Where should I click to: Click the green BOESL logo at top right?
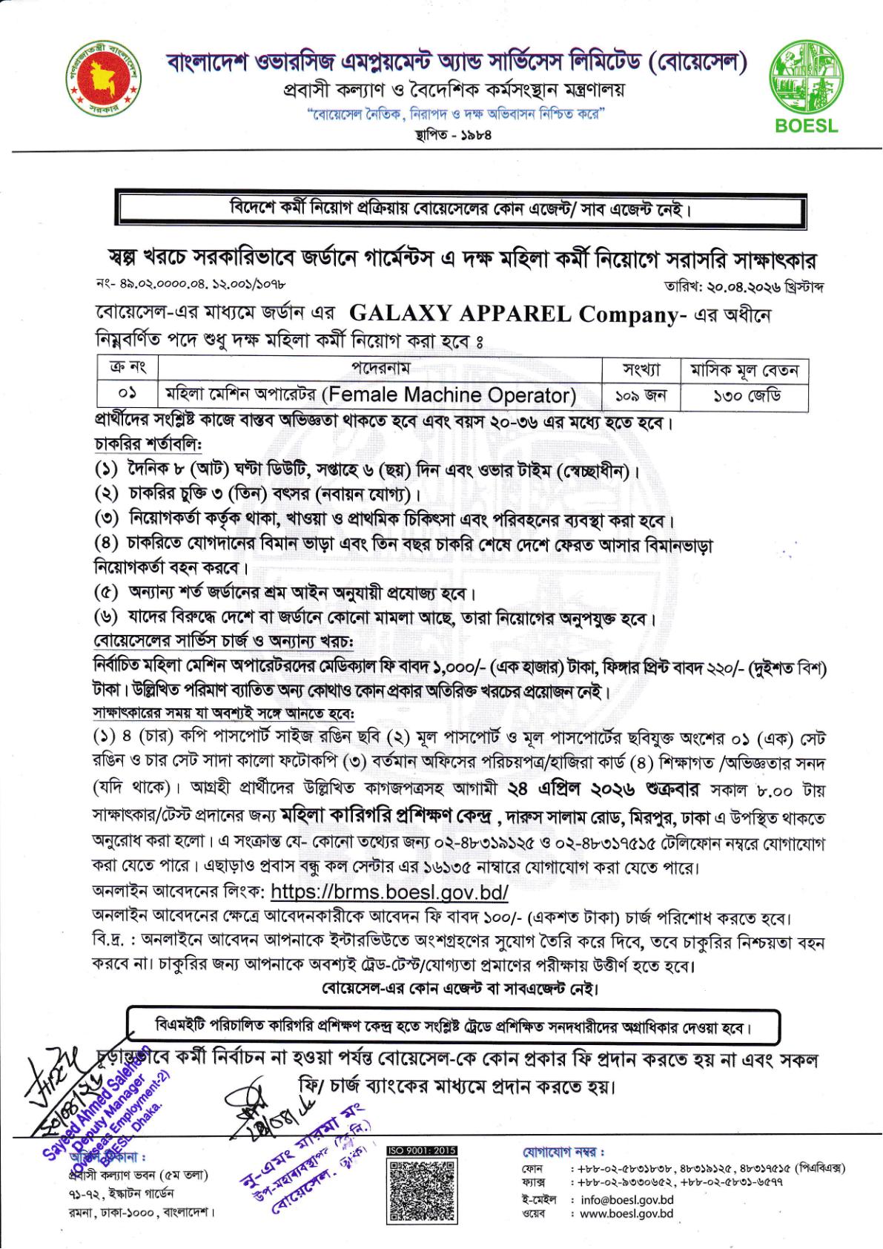[x=806, y=86]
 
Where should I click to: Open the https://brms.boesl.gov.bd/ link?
[x=390, y=891]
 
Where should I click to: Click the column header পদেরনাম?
[x=380, y=369]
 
